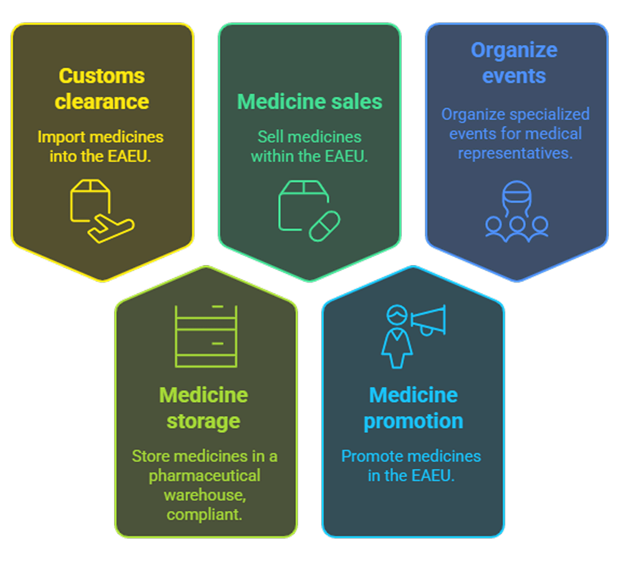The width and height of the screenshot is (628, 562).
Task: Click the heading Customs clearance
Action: tap(102, 88)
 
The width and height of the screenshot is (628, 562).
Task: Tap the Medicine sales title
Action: tap(309, 102)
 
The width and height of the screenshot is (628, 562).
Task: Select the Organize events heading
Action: tap(514, 63)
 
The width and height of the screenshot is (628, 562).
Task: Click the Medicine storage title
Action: tap(204, 408)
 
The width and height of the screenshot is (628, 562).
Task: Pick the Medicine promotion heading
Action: tap(413, 408)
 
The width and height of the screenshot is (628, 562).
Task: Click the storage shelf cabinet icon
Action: tap(206, 336)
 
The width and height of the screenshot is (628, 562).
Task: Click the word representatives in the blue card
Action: tap(515, 154)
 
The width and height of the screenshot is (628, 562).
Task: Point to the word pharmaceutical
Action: tap(204, 476)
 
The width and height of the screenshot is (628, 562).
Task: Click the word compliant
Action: tap(204, 515)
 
